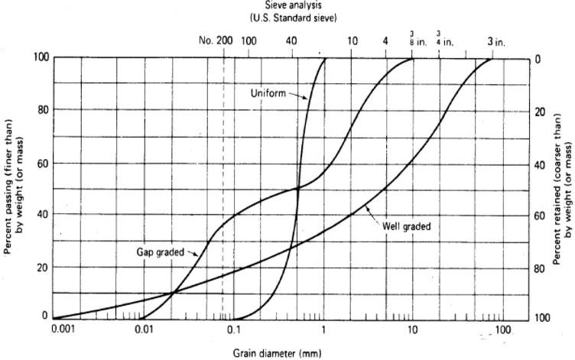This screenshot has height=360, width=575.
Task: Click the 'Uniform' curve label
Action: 268,93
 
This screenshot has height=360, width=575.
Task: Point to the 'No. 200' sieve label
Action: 216,41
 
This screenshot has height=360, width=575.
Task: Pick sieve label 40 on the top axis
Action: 291,41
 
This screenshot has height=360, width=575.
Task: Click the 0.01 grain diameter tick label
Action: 144,329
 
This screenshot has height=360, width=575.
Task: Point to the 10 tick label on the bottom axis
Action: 412,329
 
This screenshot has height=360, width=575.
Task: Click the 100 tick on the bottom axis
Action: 501,329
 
